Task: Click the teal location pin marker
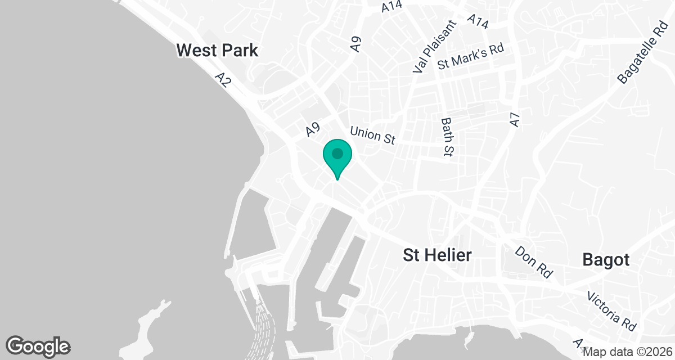point(337,158)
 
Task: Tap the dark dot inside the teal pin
point(337,153)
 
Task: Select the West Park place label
point(217,51)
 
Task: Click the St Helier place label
point(437,255)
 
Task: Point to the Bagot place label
point(606,260)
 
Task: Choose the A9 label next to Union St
point(313,130)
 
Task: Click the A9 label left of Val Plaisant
point(355,44)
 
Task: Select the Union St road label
point(372,136)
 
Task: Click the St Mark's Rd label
point(470,57)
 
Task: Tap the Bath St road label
point(448,137)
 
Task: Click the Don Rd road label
point(533,261)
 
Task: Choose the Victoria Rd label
point(611,310)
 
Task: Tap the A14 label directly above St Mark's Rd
point(478,21)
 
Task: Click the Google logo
point(38,346)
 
